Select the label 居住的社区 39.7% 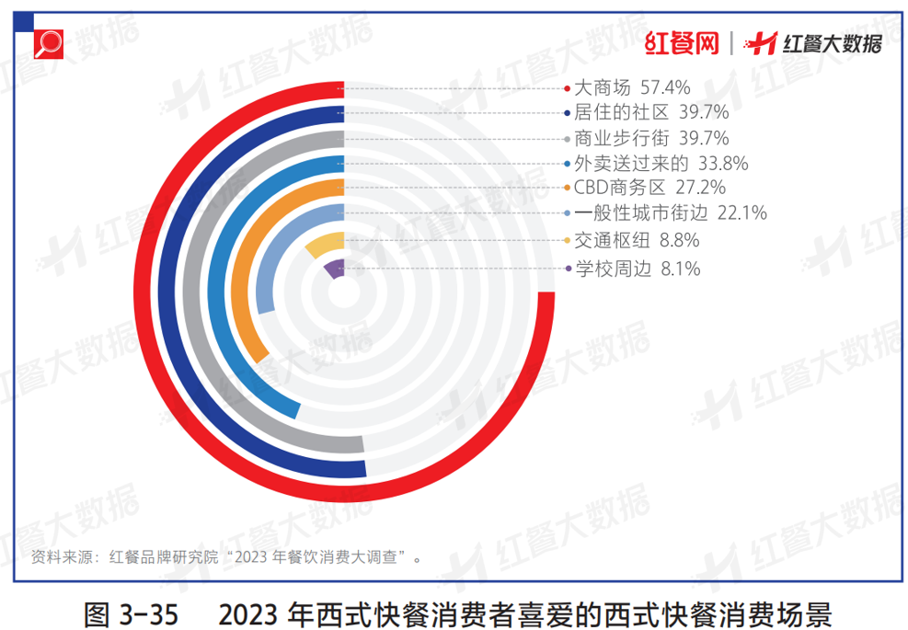coord(650,113)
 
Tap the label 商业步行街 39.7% coord(650,139)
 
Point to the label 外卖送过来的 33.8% coord(661,165)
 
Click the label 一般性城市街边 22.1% coord(670,214)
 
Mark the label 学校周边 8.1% coord(637,269)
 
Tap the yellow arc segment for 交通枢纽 coord(324,246)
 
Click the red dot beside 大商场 coord(566,89)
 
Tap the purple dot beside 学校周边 coord(566,269)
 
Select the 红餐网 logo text coord(680,42)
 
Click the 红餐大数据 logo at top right coord(814,42)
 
